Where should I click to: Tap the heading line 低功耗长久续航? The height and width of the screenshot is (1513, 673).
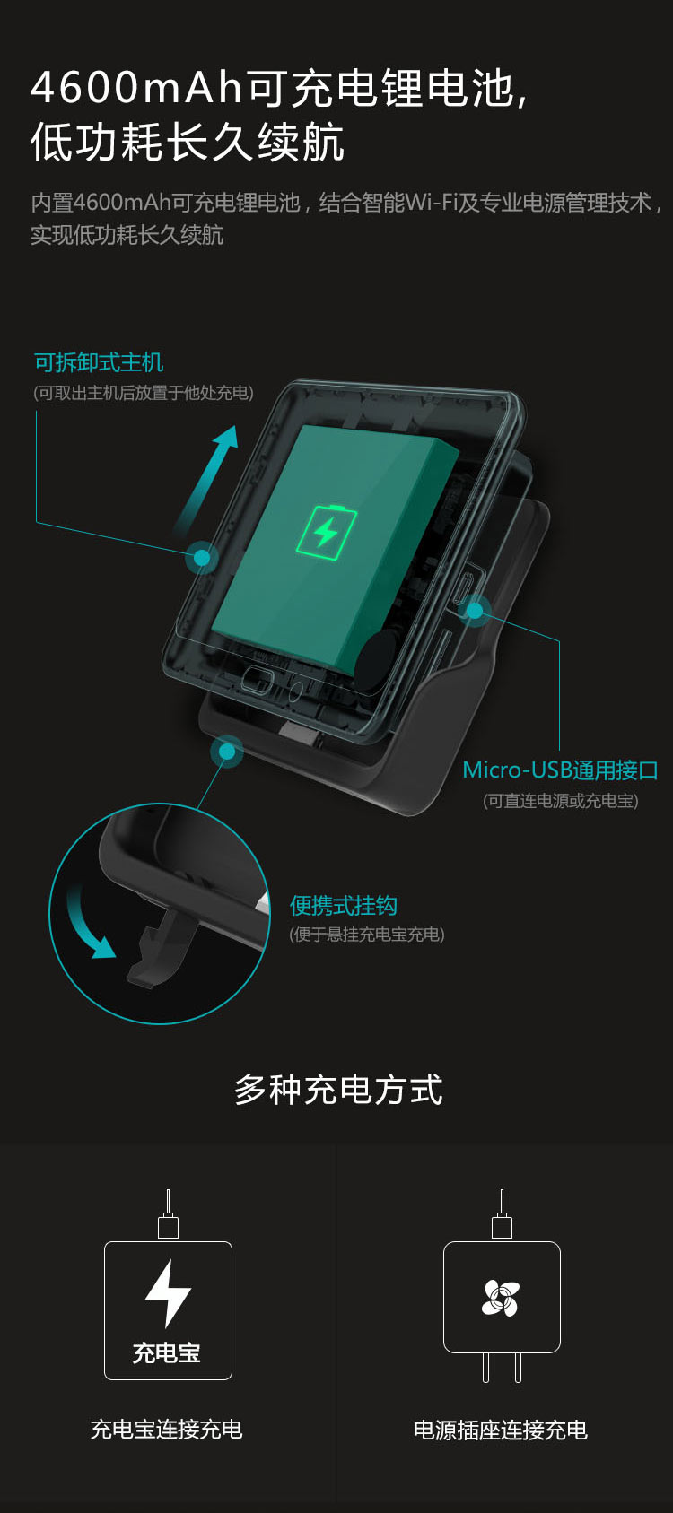pos(188,142)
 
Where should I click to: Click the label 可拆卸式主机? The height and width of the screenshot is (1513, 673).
pos(99,362)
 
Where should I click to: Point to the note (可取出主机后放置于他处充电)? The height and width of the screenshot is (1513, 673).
pos(144,393)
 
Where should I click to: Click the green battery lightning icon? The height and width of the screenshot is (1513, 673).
pos(327,532)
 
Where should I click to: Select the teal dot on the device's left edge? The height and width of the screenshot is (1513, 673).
pos(202,558)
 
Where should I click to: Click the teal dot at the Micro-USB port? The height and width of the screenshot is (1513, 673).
pos(475,611)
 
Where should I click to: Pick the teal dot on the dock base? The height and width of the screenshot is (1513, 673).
pos(227,751)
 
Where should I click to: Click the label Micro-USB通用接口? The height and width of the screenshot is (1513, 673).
pos(560,770)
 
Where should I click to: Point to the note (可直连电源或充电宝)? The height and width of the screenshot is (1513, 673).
pos(560,801)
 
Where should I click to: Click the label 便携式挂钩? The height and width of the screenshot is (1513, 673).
pos(344,906)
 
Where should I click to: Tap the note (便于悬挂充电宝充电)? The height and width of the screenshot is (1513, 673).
pos(367,935)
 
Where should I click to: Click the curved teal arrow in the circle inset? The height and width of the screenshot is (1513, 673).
pos(83,926)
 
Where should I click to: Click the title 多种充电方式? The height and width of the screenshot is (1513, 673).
pos(338,1090)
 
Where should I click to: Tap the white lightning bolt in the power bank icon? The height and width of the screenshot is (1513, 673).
pos(169,1293)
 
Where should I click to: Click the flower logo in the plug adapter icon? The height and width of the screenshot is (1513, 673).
pos(502,1299)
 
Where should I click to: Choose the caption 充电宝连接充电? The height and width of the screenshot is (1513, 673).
pos(166,1430)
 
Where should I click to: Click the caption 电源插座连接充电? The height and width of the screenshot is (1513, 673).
pos(501,1430)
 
